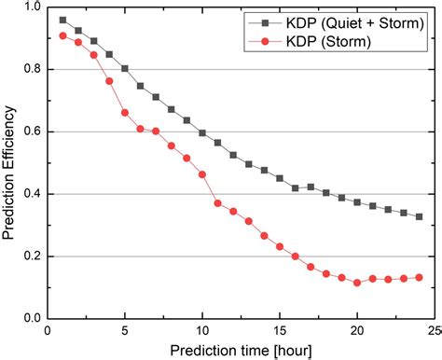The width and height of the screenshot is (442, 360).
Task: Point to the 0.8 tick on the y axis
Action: tap(48, 69)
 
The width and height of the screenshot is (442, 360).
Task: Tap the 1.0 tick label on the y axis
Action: tap(32, 7)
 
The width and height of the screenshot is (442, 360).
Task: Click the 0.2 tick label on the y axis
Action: tap(32, 256)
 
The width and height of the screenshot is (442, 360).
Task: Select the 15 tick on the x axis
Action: tap(280, 318)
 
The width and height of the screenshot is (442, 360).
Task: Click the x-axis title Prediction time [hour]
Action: tap(241, 348)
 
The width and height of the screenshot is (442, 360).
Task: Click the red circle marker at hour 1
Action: tap(63, 36)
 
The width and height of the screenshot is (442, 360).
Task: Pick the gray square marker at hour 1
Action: tap(63, 20)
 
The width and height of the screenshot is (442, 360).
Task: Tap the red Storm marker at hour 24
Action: tap(419, 277)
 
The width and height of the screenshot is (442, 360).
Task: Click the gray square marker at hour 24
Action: tap(419, 216)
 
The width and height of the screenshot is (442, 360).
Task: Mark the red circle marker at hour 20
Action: tap(357, 282)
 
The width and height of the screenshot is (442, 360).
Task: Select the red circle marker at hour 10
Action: tap(202, 174)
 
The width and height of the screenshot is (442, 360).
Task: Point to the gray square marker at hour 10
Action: tap(202, 133)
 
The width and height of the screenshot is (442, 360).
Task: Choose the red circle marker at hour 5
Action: tap(125, 113)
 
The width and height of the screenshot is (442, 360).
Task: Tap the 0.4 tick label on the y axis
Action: tap(32, 194)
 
